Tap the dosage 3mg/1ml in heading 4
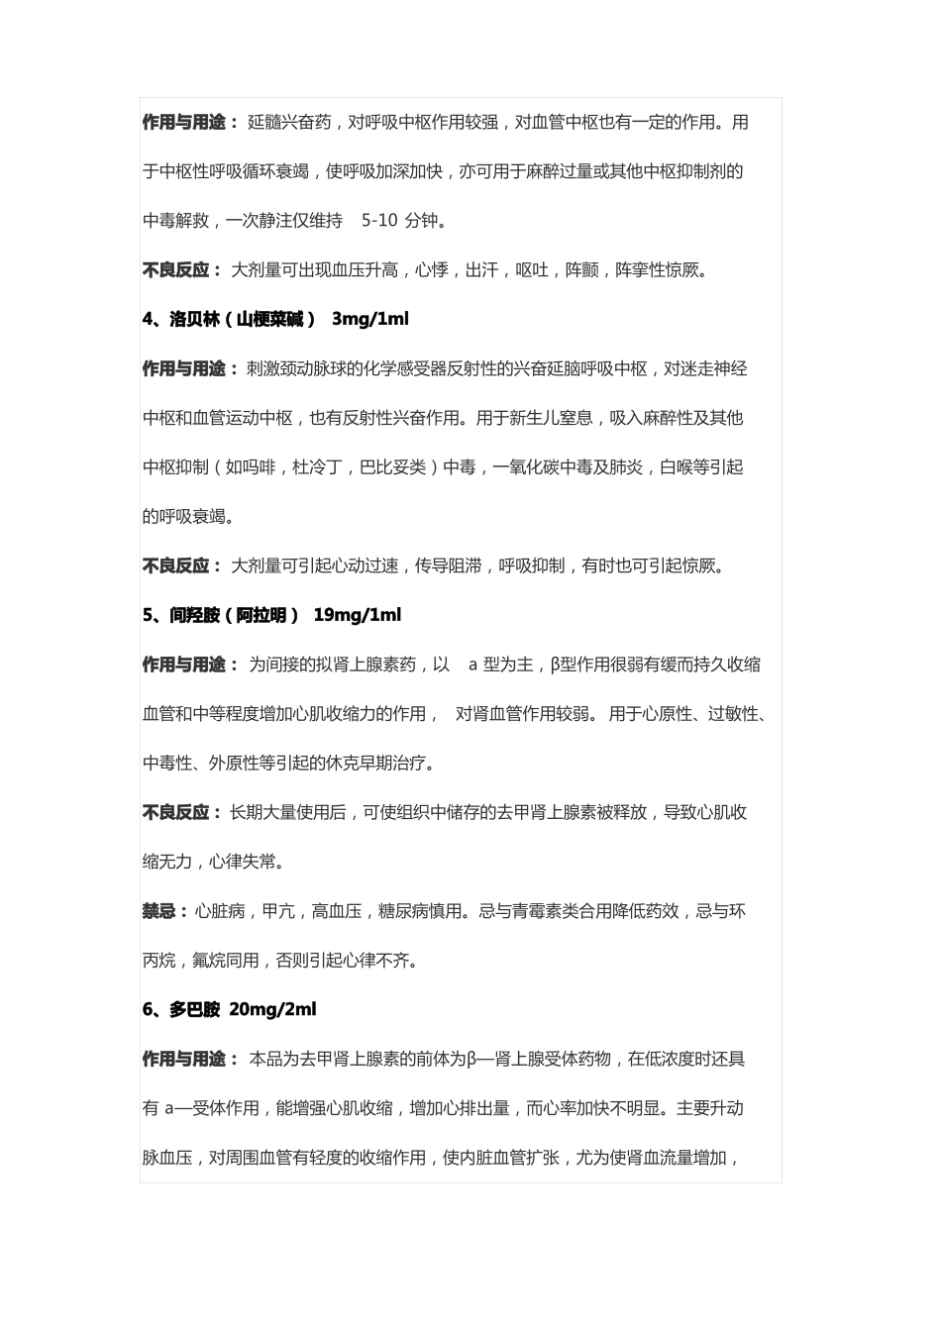pos(369,319)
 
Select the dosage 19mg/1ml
pos(357,615)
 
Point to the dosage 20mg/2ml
pos(272,1010)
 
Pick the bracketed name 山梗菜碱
pos(269,319)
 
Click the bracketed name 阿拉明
pos(261,615)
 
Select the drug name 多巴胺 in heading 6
pos(194,1010)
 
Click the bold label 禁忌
pos(159,911)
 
